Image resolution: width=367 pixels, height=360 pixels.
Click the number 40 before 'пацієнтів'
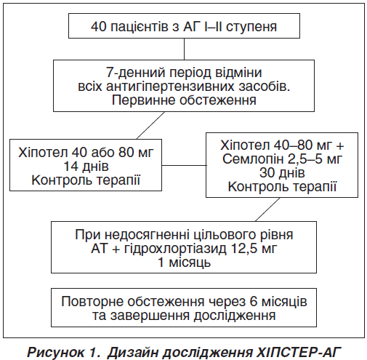click(98, 26)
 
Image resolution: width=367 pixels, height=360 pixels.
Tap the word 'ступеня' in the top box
click(251, 27)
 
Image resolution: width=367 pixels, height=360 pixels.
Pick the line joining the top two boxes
click(184, 49)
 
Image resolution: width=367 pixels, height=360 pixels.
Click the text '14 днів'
click(86, 167)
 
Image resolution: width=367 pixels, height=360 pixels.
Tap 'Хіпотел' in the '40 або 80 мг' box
click(43, 153)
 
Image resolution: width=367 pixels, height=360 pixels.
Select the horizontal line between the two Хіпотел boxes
click(184, 165)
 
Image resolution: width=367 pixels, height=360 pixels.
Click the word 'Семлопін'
click(253, 159)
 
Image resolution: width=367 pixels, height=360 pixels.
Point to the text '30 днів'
click(282, 173)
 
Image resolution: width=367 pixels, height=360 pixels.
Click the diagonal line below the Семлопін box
click(267, 209)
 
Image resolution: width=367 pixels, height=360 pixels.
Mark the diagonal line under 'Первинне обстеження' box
click(150, 125)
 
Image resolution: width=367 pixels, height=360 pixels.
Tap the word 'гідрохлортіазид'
click(175, 249)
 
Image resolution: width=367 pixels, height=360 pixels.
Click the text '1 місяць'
click(184, 263)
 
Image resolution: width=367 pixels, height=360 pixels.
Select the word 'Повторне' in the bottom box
click(93, 302)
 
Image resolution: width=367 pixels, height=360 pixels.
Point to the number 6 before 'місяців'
click(253, 302)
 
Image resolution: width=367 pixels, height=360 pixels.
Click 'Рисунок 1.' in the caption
click(64, 352)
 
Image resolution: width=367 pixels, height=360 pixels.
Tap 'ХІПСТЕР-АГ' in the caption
click(299, 352)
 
